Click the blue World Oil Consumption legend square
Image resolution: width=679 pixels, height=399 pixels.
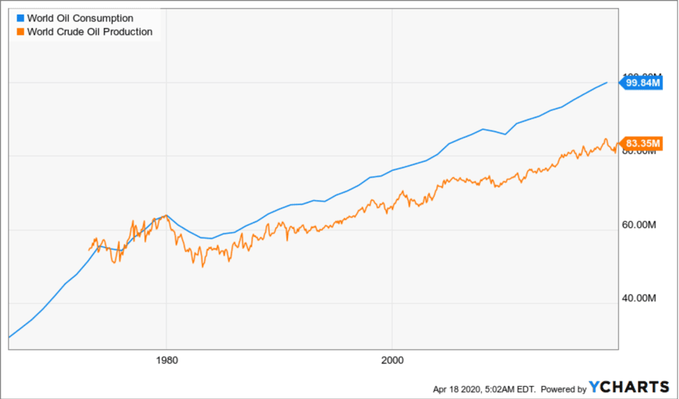point(19,18)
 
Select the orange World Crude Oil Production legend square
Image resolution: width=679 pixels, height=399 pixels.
point(19,31)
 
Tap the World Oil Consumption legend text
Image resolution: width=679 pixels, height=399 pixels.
point(79,18)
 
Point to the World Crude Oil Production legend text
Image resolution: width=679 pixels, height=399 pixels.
point(89,31)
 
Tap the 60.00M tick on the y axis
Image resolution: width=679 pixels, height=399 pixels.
point(638,225)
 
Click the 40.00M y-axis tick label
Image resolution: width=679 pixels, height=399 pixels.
point(638,298)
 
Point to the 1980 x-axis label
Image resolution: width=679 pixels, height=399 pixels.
point(167,361)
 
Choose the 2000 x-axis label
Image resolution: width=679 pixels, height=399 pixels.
point(392,361)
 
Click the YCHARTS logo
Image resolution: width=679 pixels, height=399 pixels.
point(629,388)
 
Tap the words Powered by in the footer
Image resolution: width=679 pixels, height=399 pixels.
point(563,389)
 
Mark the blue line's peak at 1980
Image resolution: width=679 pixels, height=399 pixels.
point(167,216)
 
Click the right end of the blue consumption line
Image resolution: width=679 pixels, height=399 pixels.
point(606,82)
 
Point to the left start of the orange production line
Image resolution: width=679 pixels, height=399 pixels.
point(89,249)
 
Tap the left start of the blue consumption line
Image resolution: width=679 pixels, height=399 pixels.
point(9,337)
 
